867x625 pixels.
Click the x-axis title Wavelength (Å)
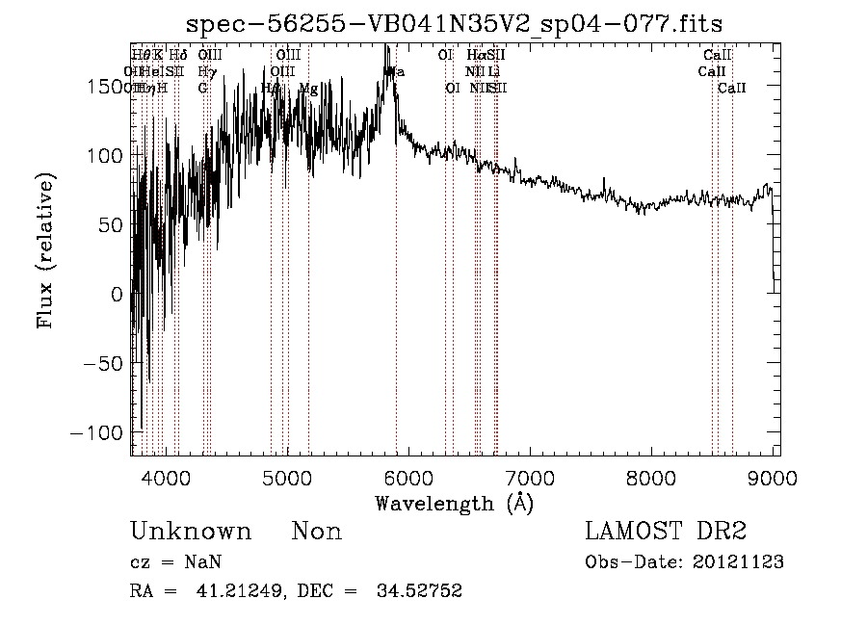454,503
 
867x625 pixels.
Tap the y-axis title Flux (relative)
45,250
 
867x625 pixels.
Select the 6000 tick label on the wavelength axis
408,477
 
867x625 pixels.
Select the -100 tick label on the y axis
96,433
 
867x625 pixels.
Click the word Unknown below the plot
191,533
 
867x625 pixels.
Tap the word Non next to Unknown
317,533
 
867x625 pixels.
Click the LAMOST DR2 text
666,532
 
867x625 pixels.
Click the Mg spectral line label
308,89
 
